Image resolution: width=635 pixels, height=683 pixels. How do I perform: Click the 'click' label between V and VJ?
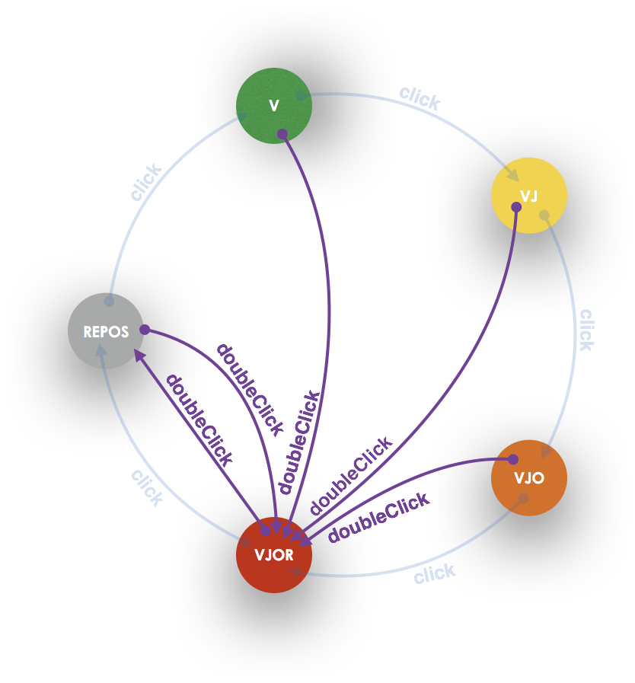[x=420, y=98]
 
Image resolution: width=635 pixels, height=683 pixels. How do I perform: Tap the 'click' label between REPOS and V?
[x=145, y=183]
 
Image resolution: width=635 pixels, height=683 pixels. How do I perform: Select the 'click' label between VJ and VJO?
[x=586, y=330]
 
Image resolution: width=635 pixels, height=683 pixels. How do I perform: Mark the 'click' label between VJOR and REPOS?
[x=147, y=487]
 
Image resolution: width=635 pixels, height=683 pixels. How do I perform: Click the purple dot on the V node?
[x=282, y=134]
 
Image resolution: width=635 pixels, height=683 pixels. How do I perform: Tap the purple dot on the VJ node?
[x=516, y=207]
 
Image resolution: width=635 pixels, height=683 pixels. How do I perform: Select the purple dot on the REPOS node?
[x=145, y=330]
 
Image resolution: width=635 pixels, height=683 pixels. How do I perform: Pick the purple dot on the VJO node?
[x=513, y=459]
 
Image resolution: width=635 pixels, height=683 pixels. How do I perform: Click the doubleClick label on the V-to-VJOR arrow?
[x=298, y=442]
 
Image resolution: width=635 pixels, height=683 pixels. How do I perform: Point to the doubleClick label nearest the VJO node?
[x=378, y=518]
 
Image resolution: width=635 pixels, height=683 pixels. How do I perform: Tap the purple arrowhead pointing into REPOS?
[x=139, y=355]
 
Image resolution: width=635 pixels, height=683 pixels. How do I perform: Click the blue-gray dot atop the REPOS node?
[x=109, y=302]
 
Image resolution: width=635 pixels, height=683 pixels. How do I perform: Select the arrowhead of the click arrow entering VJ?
[x=512, y=174]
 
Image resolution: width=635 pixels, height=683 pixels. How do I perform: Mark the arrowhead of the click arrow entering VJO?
[x=547, y=452]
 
